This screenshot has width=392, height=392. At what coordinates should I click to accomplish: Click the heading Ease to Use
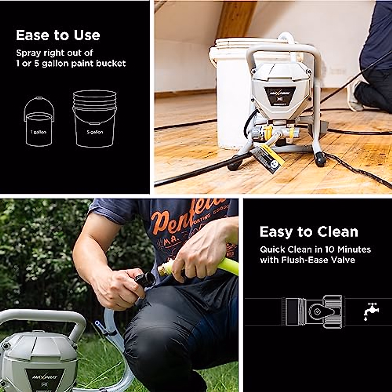[x=58, y=35]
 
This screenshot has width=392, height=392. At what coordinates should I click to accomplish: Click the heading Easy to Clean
[x=309, y=232]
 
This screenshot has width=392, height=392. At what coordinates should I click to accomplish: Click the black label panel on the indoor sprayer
[x=280, y=95]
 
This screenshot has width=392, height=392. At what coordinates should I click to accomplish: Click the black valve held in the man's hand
[x=146, y=279]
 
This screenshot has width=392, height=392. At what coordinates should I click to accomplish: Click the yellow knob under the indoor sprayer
[x=268, y=132]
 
